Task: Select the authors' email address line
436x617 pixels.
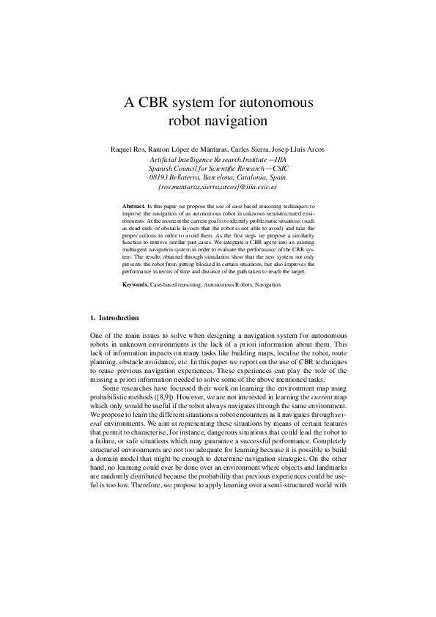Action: [x=218, y=186]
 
